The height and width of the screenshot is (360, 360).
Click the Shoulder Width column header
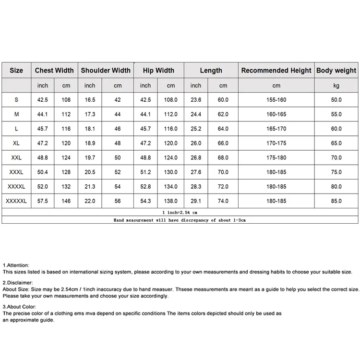coord(106,71)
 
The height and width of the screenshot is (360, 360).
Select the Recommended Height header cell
coord(276,71)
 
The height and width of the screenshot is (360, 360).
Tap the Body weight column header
coord(336,71)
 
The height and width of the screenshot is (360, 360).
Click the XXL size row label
coord(16,157)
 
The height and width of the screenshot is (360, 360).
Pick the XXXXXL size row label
coord(16,201)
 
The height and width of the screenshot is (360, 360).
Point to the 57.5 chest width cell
coord(43,201)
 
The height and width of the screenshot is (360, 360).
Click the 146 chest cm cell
coord(66,201)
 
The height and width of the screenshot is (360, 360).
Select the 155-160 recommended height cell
coord(276,100)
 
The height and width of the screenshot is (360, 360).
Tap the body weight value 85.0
coord(336,201)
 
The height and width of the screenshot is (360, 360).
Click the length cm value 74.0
coord(223,201)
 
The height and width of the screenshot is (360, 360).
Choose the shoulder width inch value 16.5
coord(90,100)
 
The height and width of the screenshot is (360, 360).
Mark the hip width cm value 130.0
coord(171,172)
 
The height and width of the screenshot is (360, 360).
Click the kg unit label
coord(336,86)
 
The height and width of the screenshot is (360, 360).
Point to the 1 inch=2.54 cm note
coord(180,212)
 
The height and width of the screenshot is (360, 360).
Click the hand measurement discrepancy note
coord(180,220)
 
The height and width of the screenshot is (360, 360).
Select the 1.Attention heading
coord(16,265)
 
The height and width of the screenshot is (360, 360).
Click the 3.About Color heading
coord(19,306)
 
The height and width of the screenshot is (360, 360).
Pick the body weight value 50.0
coord(336,100)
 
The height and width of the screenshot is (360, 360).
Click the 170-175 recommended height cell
coord(276,143)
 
